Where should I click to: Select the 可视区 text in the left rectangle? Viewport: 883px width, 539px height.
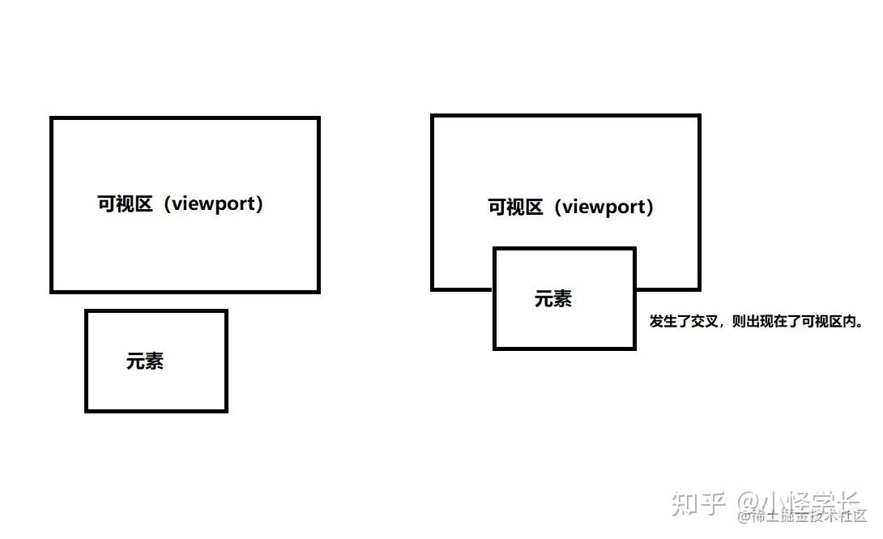(x=126, y=203)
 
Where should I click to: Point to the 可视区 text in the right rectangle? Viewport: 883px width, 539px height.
(x=515, y=207)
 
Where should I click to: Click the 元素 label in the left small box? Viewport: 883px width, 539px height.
(x=145, y=361)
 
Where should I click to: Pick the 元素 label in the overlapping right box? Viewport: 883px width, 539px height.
(x=553, y=298)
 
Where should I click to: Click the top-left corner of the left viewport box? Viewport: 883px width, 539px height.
(x=52, y=118)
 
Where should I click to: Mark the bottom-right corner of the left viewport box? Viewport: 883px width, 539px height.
(x=318, y=291)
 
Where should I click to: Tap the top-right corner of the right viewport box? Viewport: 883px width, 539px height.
(x=698, y=116)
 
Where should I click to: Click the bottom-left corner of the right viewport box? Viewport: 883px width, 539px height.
(x=433, y=289)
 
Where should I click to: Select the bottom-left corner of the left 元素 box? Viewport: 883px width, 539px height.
(x=87, y=410)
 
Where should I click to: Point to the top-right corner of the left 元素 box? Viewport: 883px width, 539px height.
(x=226, y=310)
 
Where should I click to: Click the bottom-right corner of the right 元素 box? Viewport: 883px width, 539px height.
(x=634, y=349)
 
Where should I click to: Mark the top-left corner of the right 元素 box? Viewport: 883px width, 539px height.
(x=494, y=249)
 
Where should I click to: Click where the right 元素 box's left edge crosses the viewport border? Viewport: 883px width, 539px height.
(x=494, y=289)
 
